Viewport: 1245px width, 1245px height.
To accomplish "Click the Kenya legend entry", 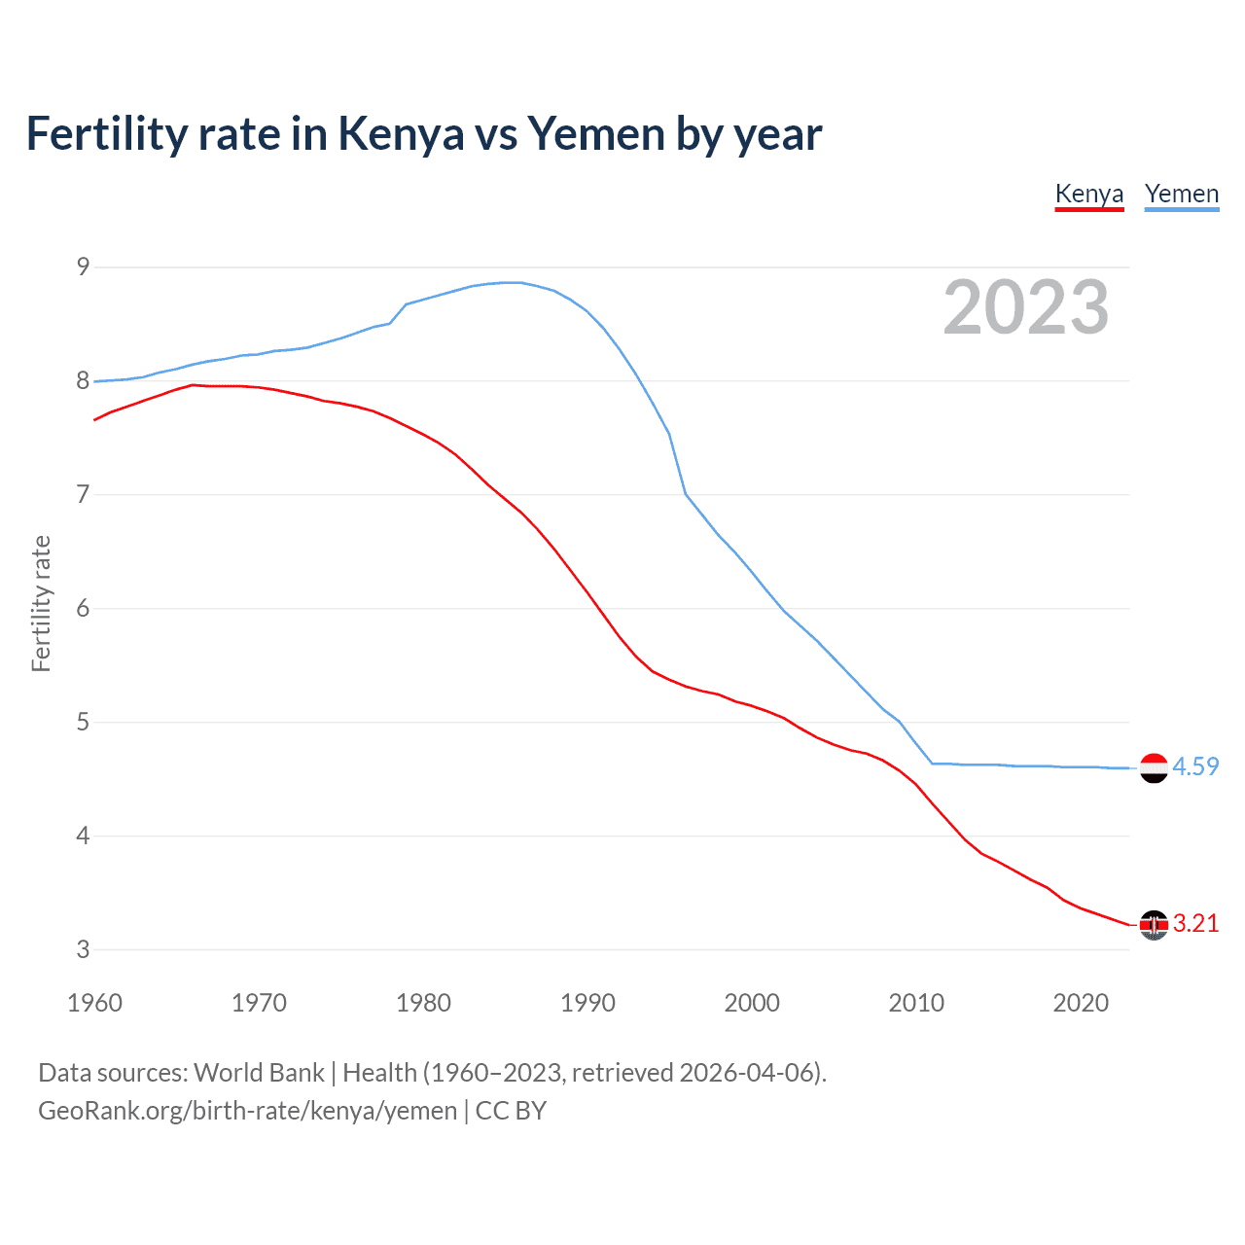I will pos(1089,194).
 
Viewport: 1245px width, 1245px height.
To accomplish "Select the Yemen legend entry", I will pos(1182,194).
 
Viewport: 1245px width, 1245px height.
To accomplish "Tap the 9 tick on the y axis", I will pos(83,267).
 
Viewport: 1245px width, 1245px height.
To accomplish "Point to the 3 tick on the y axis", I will pos(83,949).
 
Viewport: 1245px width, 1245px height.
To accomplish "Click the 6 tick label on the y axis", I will pos(83,609).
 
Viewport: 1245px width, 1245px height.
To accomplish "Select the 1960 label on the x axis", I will pos(94,1003).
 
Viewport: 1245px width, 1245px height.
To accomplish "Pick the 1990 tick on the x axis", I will pos(587,1003).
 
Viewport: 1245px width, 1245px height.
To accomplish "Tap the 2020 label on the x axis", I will pos(1081,1003).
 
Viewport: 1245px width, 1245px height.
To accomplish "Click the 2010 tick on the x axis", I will pos(916,1003).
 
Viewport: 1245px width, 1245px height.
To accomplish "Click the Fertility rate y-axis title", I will pos(41,603).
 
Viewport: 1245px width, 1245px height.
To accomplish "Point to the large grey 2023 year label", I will pos(1026,307).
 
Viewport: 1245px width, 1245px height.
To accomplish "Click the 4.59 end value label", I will pos(1195,766).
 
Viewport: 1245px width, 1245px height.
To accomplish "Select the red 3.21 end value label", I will pos(1195,923).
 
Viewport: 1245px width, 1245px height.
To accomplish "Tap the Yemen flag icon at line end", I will pos(1154,767).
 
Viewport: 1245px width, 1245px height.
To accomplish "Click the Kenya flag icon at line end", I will pos(1154,924).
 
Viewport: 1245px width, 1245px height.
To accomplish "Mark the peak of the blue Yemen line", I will pos(513,282).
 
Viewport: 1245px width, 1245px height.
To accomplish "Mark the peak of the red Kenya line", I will pos(193,385).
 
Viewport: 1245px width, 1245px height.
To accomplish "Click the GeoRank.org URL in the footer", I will pos(247,1111).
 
